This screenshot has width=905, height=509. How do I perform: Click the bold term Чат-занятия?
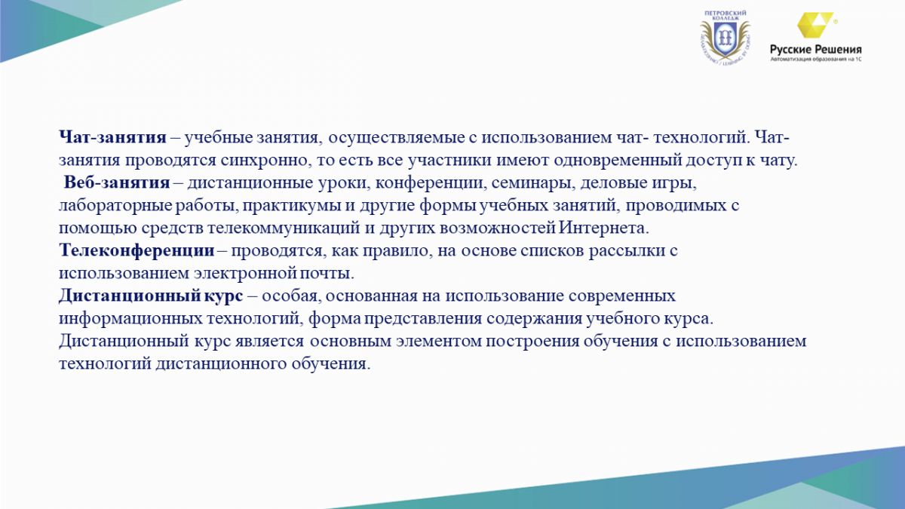[x=112, y=137]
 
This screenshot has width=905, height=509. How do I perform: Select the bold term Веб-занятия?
[x=117, y=182]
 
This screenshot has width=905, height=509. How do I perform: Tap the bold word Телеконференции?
[x=137, y=250]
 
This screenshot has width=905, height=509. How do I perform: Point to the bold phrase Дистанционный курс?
[x=151, y=296]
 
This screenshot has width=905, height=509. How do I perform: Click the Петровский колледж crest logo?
[x=726, y=38]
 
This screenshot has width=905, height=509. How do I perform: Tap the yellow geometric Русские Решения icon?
[x=815, y=25]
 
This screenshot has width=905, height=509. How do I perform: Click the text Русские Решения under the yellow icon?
[x=816, y=49]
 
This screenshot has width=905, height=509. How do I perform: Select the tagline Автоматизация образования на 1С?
[x=816, y=60]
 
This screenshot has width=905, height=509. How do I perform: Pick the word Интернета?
[x=604, y=228]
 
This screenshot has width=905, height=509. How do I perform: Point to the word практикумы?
[x=291, y=206]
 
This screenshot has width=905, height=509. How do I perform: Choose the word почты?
[x=327, y=274]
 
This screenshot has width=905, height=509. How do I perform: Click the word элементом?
[x=438, y=342]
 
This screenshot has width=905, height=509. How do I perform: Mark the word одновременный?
[x=618, y=161]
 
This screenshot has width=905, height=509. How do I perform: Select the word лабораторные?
[x=115, y=206]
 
